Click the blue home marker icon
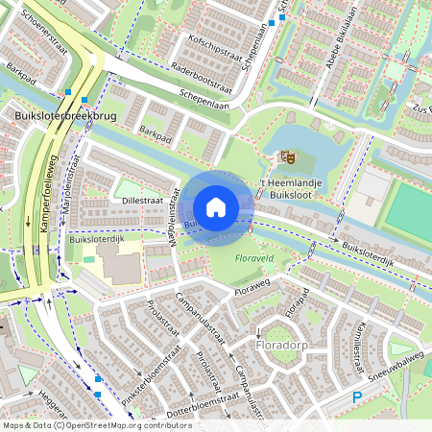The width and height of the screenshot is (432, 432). point(216,207)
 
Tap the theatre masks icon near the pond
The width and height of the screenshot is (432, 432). point(285,156)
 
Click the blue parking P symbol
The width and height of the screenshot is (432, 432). point(357,396)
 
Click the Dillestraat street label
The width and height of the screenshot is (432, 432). point(142,200)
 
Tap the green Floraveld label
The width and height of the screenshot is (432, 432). point(254,258)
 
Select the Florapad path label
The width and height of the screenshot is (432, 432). point(298,301)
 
